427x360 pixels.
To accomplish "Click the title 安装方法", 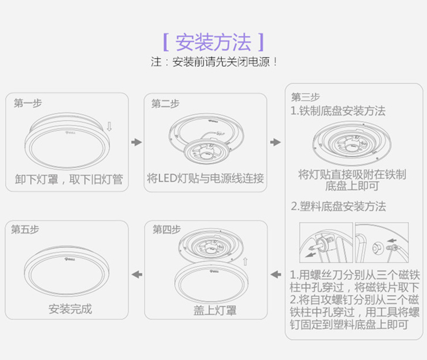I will (x=213, y=42).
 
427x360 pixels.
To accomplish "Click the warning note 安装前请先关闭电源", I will (x=214, y=62).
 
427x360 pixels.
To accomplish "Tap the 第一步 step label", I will (x=28, y=103).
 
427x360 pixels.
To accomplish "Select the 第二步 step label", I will (x=165, y=103).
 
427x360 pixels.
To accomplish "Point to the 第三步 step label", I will (x=305, y=97).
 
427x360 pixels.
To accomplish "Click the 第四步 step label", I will (x=166, y=230).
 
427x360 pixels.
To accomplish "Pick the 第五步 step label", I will (x=25, y=229).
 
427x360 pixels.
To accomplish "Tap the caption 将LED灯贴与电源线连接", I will (x=206, y=179).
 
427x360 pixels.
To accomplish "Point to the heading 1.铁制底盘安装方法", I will (x=338, y=111).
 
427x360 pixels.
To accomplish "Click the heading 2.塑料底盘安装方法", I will (x=338, y=206).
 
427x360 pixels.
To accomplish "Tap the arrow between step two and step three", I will (x=275, y=141).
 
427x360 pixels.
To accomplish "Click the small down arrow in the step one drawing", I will (x=109, y=126).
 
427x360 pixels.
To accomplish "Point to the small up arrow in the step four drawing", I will (x=245, y=261).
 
